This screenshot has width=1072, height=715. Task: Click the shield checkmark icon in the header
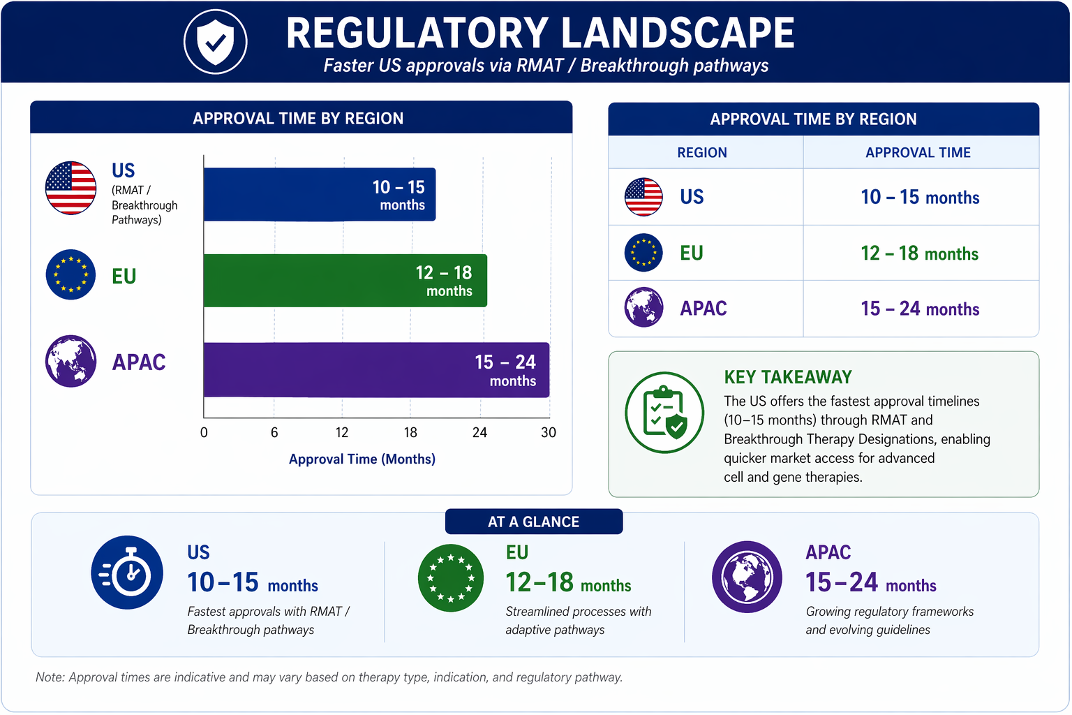coord(216,42)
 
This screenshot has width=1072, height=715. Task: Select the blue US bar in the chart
coord(320,194)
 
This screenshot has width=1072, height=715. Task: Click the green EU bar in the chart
coord(345,280)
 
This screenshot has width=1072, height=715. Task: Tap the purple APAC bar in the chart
coord(377,369)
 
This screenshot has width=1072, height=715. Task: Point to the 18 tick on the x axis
coord(410,432)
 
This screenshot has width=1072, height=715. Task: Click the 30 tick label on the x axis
coord(549,432)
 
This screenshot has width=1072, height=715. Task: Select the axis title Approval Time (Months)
coord(362,459)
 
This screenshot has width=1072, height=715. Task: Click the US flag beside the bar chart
coord(70,188)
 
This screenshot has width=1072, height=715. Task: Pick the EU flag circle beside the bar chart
coord(70,274)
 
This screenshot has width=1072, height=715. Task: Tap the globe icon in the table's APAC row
coord(643,307)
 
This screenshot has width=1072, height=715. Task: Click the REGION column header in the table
coord(702,152)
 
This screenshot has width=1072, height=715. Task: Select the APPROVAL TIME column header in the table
coord(918,152)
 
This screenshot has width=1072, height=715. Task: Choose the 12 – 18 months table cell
coord(920,253)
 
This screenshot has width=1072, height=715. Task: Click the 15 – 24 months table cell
coord(920,309)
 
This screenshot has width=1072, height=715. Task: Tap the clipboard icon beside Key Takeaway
coord(664,413)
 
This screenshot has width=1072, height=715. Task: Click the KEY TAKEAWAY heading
coord(788,377)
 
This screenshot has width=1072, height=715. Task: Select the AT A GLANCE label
coord(534,522)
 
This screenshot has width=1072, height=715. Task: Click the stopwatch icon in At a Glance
coord(127,573)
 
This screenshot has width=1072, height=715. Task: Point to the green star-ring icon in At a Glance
coord(450,577)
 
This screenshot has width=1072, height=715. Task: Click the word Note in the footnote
coord(49,677)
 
